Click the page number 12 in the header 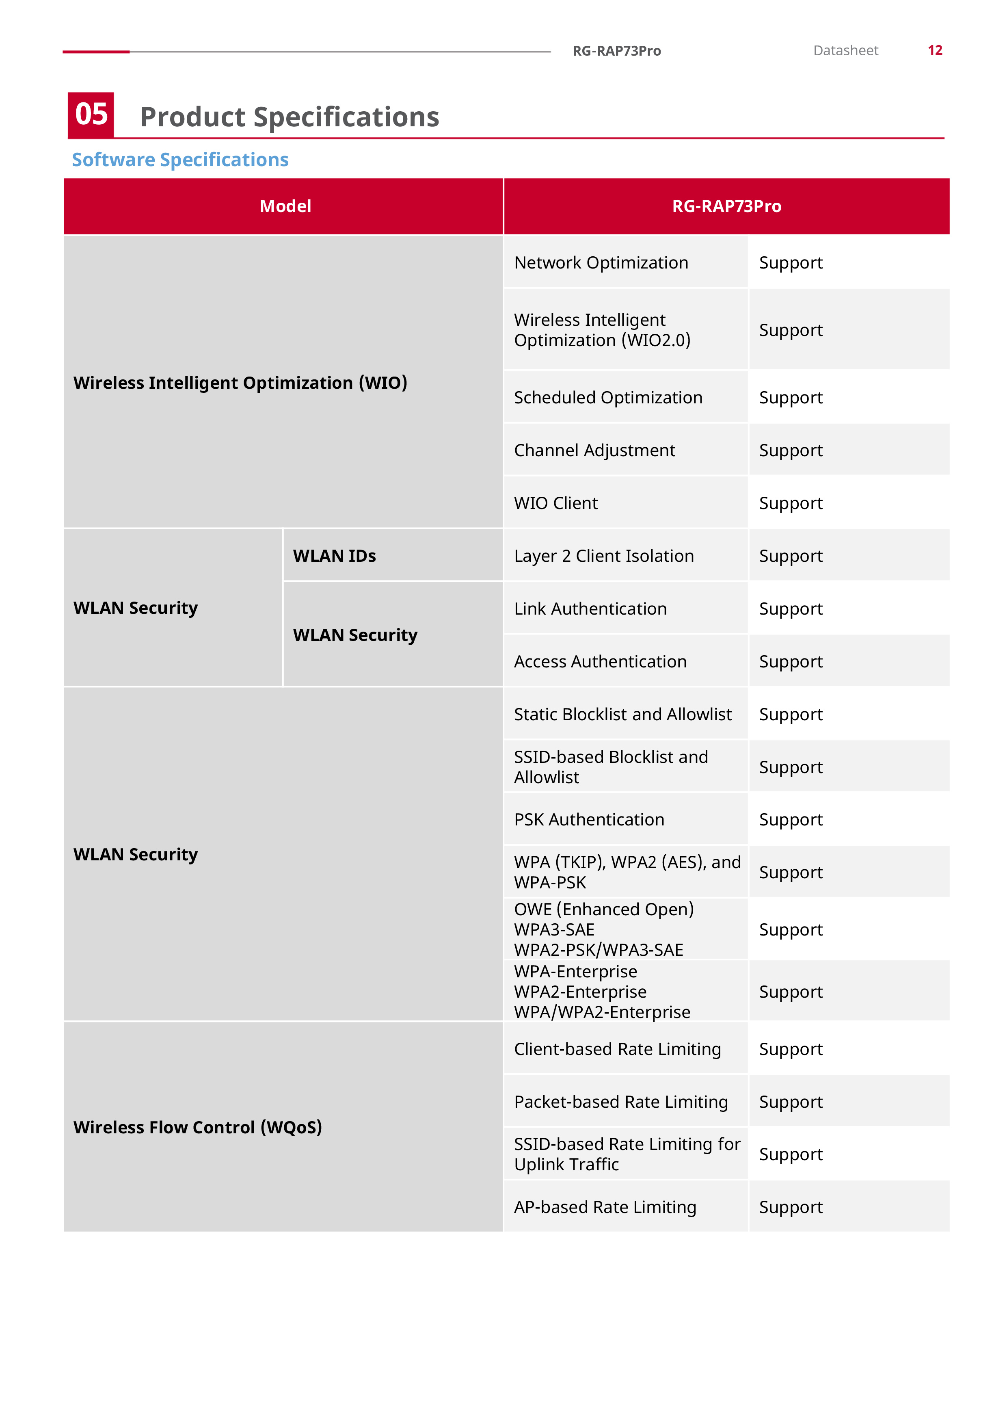click(934, 50)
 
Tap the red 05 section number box click(91, 115)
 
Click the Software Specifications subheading click(180, 160)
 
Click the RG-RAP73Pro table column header click(726, 206)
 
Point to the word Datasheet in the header click(845, 50)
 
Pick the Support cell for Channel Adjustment click(791, 450)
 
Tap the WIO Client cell click(555, 503)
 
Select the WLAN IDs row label click(335, 556)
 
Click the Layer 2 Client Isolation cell click(604, 556)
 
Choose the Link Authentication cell click(590, 609)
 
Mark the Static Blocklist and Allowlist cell click(622, 715)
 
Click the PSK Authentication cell click(589, 820)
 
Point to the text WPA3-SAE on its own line click(554, 930)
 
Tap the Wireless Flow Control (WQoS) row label click(197, 1127)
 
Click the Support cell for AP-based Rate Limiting click(791, 1207)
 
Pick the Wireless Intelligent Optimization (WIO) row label click(240, 383)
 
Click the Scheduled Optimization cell click(608, 398)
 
